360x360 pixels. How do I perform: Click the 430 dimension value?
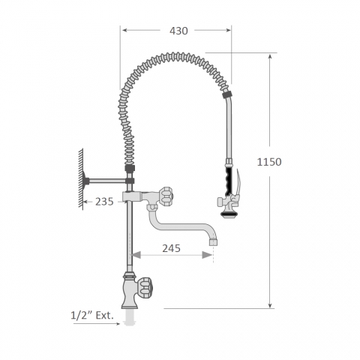pyautogui.click(x=178, y=31)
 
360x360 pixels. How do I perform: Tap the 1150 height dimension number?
pyautogui.click(x=269, y=162)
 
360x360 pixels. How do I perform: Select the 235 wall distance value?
pyautogui.click(x=104, y=202)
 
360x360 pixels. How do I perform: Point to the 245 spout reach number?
pyautogui.click(x=171, y=248)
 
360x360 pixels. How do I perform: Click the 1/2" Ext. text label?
pyautogui.click(x=92, y=316)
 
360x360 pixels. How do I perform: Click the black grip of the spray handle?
pyautogui.click(x=229, y=181)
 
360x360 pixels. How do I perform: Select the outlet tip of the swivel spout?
pyautogui.click(x=213, y=241)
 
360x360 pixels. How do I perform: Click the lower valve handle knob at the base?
pyautogui.click(x=145, y=288)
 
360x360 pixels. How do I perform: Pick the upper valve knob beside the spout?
pyautogui.click(x=165, y=196)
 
